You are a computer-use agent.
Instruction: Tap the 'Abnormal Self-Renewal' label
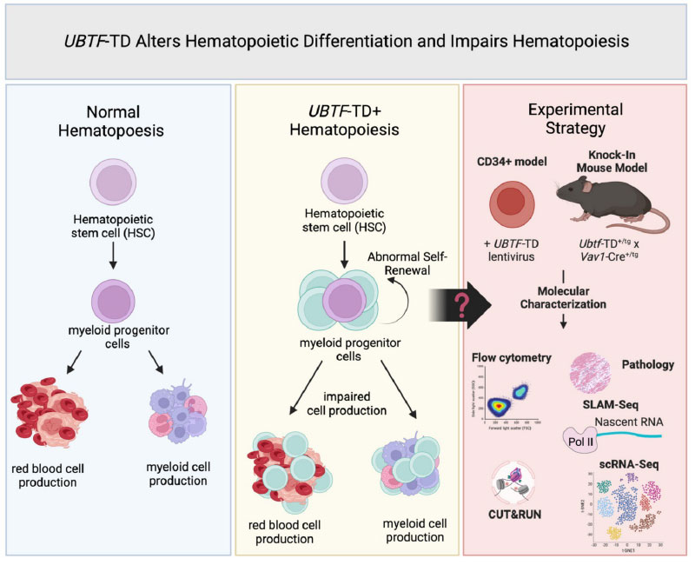click(x=409, y=264)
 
